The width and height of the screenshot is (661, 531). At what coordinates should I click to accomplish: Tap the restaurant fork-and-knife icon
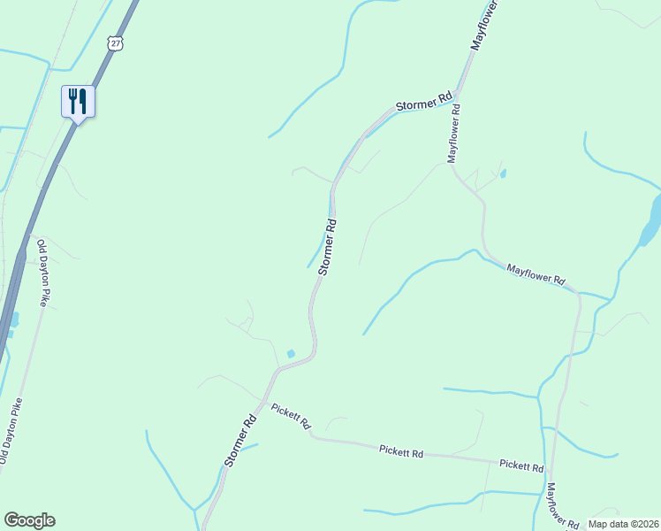click(78, 101)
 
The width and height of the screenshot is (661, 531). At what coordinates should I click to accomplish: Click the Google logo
click(29, 520)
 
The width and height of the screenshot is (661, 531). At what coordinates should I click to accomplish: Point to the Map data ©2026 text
click(622, 524)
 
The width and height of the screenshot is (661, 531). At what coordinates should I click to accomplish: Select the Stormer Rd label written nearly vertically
click(327, 247)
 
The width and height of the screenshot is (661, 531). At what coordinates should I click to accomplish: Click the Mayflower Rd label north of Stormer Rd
click(485, 24)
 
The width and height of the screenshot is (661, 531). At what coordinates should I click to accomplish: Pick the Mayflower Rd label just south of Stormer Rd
click(455, 134)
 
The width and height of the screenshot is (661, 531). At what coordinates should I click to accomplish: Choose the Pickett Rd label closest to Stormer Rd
click(291, 416)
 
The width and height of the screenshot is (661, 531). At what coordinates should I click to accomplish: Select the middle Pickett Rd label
click(401, 452)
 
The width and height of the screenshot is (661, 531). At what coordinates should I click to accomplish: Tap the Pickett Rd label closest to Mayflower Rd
click(520, 465)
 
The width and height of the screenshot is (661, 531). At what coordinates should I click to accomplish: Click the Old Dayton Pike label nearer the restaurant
click(41, 271)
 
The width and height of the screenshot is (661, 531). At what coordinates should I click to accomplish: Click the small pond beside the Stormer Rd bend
click(291, 354)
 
